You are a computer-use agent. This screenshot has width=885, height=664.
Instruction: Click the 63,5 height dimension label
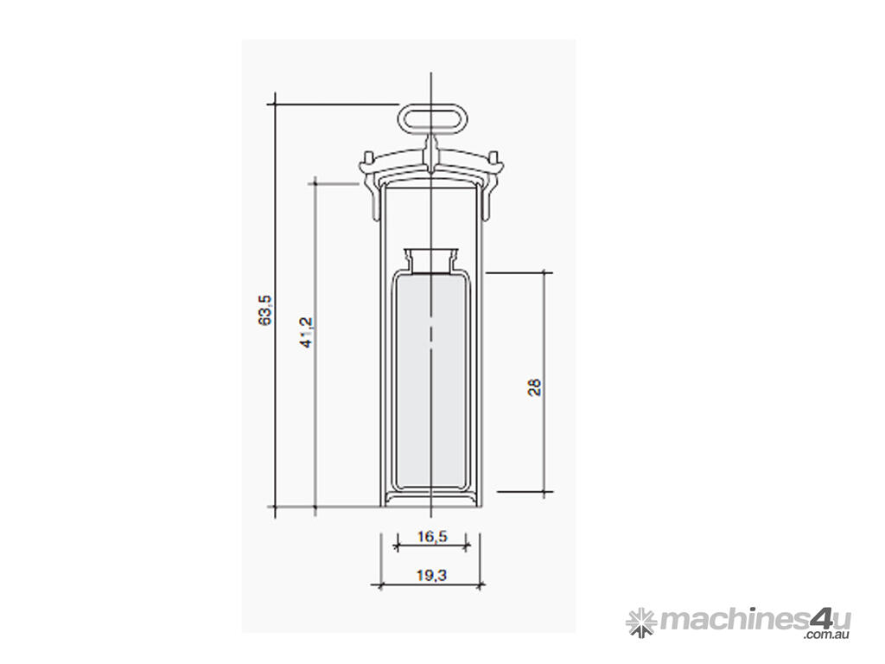265,310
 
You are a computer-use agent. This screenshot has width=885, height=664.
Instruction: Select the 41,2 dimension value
306,332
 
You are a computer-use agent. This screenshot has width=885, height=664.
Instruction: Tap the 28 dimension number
534,386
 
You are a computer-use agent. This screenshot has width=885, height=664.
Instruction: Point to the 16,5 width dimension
431,537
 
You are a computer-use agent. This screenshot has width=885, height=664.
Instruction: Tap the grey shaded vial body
430,380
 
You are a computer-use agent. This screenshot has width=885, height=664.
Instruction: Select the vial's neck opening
430,256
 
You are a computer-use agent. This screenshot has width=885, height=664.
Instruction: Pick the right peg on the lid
494,158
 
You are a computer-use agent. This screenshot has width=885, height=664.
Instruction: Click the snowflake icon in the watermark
640,621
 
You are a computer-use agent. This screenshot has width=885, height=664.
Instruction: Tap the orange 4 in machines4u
818,619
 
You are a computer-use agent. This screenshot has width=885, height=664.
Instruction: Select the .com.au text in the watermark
827,636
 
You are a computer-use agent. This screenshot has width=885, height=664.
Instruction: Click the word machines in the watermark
733,620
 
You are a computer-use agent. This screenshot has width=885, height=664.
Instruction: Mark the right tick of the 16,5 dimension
467,546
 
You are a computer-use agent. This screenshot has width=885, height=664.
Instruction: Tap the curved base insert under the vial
430,496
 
